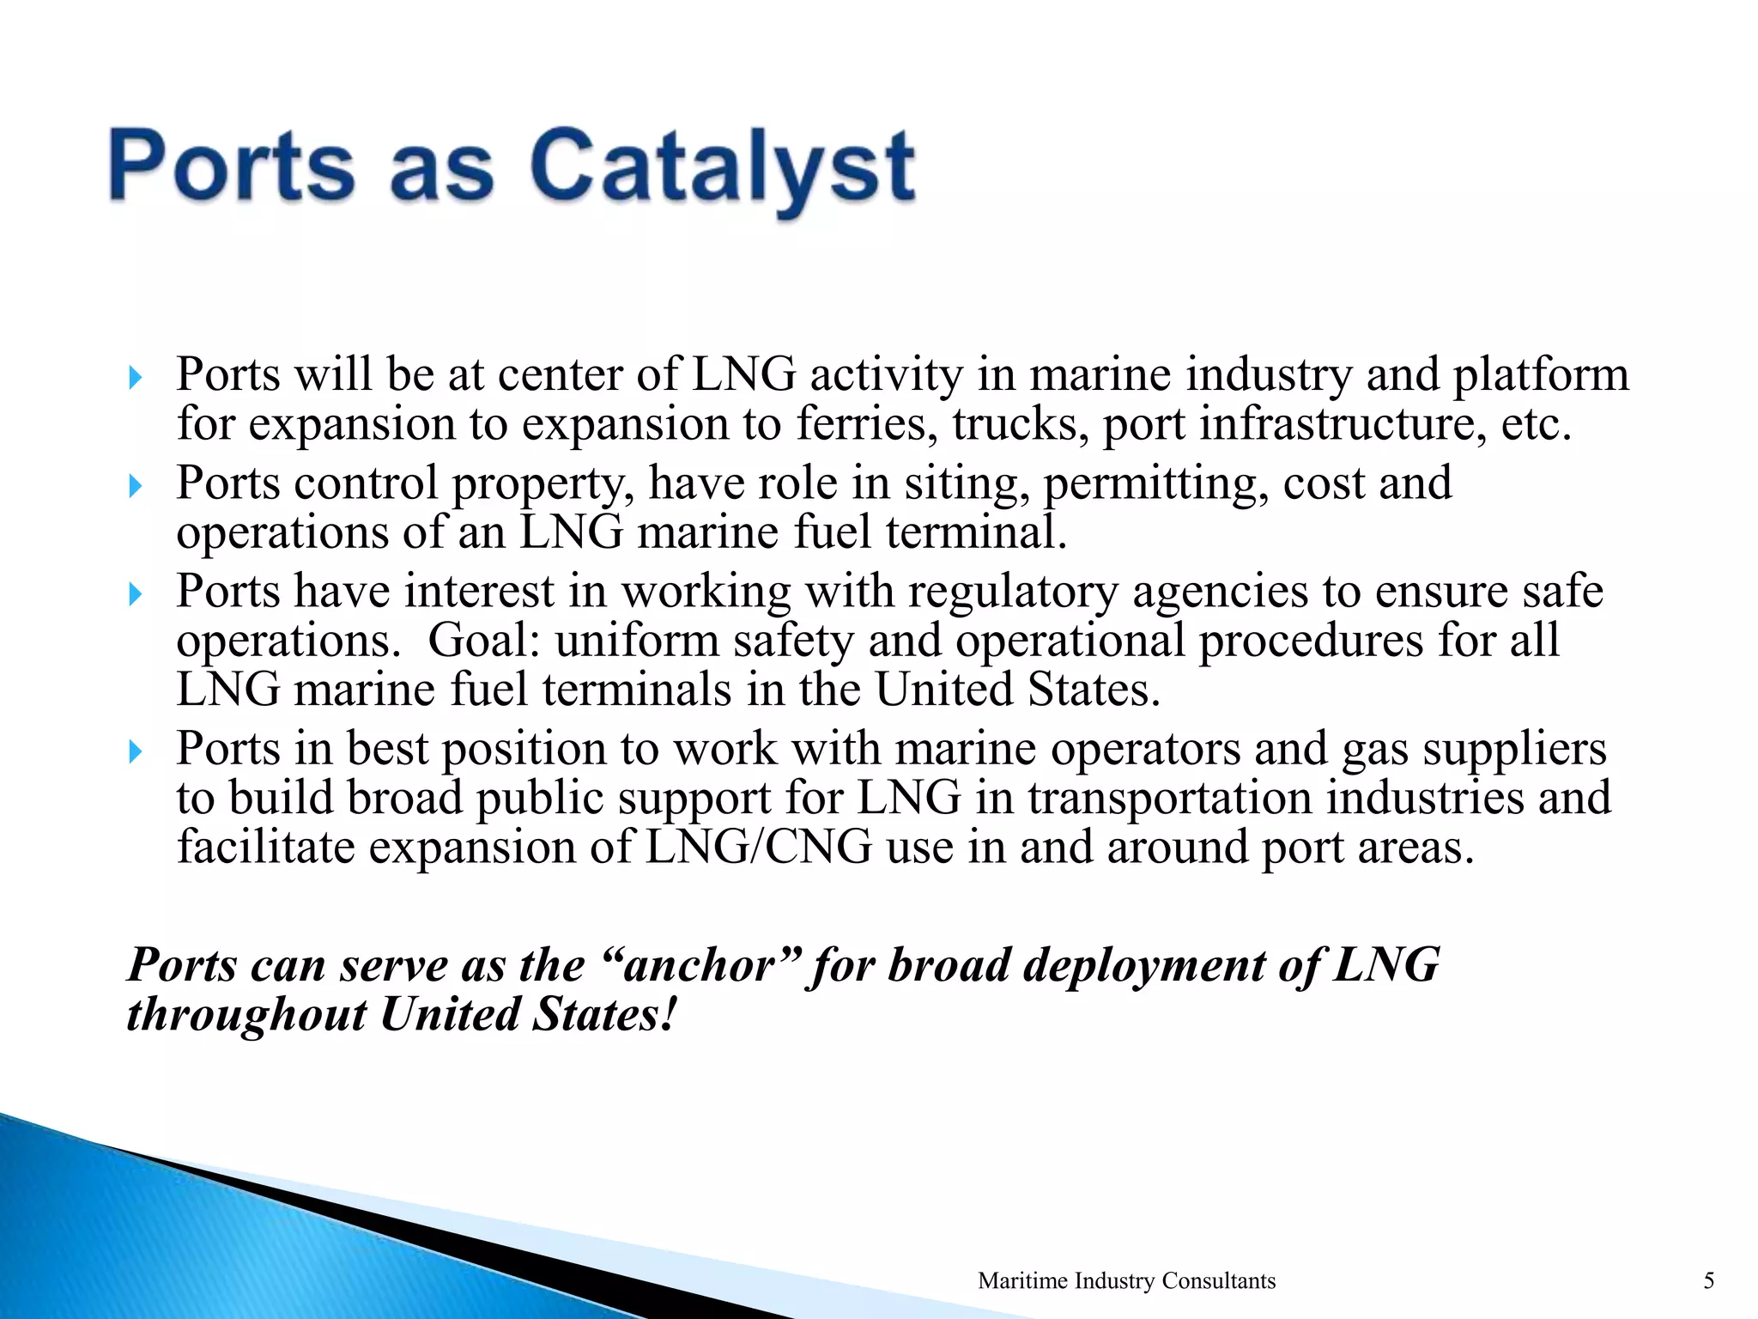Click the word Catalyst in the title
[722, 166]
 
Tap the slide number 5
[1708, 1281]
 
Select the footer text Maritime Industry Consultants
[1126, 1281]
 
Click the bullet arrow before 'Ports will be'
[135, 378]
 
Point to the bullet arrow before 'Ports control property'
[135, 487]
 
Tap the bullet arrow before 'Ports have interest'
[135, 594]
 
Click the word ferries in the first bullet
[866, 424]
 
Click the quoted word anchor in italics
[701, 965]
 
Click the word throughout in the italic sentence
[246, 1015]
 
